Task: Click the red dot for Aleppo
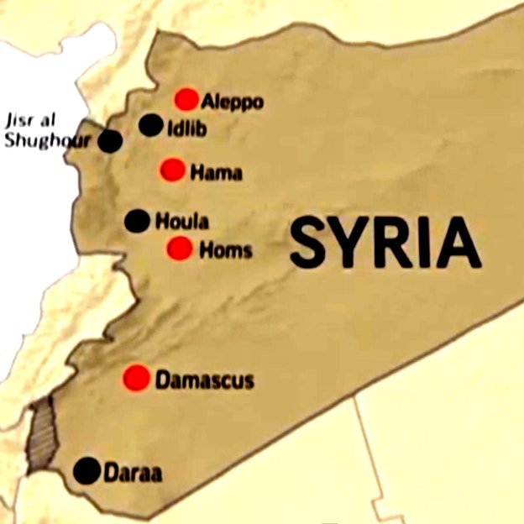pyautogui.click(x=186, y=99)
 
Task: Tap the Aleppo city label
pyautogui.click(x=233, y=102)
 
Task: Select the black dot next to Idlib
pyautogui.click(x=150, y=125)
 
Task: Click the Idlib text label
pyautogui.click(x=187, y=129)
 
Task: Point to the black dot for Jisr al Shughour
pyautogui.click(x=109, y=141)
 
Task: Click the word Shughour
pyautogui.click(x=47, y=139)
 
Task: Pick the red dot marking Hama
pyautogui.click(x=172, y=170)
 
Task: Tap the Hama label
pyautogui.click(x=217, y=174)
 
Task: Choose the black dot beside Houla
pyautogui.click(x=137, y=221)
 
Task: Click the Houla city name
pyautogui.click(x=182, y=223)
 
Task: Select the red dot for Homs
pyautogui.click(x=179, y=248)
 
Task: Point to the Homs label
pyautogui.click(x=225, y=249)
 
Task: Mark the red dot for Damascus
pyautogui.click(x=136, y=378)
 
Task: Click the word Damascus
pyautogui.click(x=204, y=380)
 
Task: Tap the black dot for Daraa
pyautogui.click(x=86, y=471)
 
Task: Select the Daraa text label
pyautogui.click(x=133, y=474)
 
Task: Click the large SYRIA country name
pyautogui.click(x=385, y=243)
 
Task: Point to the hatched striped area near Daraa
pyautogui.click(x=39, y=433)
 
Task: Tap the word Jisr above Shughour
pyautogui.click(x=22, y=118)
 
